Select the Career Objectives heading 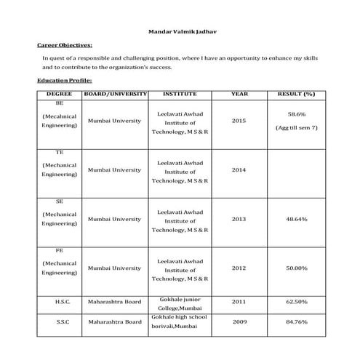[x=64, y=45]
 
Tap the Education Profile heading [x=64, y=80]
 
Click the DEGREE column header [x=59, y=95]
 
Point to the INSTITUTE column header [x=180, y=95]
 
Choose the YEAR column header [x=239, y=95]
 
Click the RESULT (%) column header [x=296, y=95]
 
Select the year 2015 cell [x=239, y=120]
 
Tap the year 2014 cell [x=239, y=169]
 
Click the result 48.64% [x=296, y=219]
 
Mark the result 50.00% [x=296, y=268]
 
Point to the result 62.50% [x=296, y=301]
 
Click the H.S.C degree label [x=62, y=301]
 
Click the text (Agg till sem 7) [x=296, y=127]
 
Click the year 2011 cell [x=239, y=301]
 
